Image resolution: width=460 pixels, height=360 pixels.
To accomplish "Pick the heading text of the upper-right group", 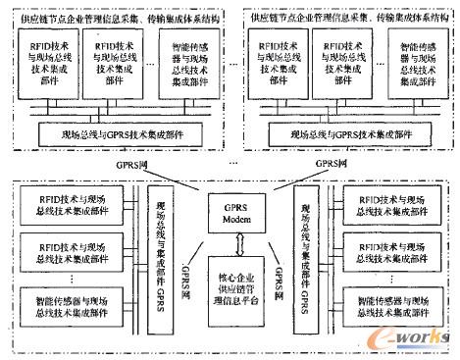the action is coord(343,15).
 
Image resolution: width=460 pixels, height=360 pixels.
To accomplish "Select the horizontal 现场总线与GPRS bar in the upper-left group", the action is coord(122,130).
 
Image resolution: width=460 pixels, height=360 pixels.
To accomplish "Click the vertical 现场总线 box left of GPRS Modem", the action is coord(161,250).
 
